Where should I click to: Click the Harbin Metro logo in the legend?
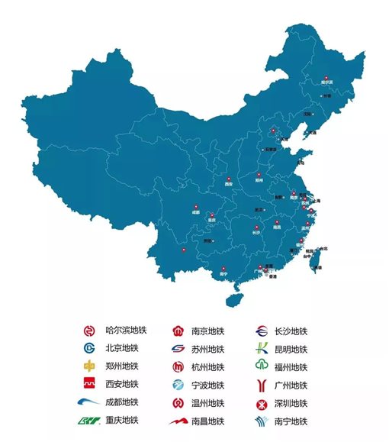pos(88,331)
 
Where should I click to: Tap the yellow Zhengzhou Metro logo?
pos(88,366)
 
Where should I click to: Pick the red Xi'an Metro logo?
pos(88,383)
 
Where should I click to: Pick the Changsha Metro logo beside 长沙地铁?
pos(261,331)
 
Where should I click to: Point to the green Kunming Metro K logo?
pos(261,349)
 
